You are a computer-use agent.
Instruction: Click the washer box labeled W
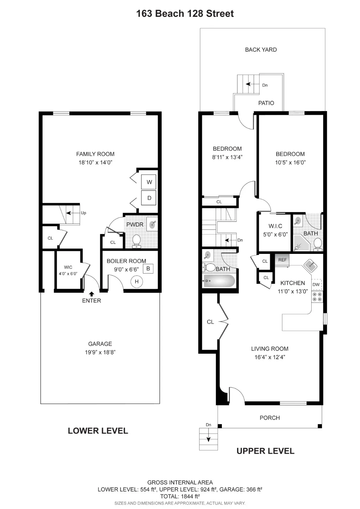[x=149, y=182]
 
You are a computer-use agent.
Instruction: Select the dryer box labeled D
[x=149, y=198]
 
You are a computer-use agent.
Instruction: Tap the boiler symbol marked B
[x=148, y=269]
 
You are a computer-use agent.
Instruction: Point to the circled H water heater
[x=137, y=282]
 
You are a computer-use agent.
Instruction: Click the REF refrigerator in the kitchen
[x=282, y=260]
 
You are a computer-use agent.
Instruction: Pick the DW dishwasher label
[x=316, y=284]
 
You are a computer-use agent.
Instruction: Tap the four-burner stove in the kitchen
[x=317, y=297]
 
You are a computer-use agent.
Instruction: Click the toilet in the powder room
[x=137, y=241]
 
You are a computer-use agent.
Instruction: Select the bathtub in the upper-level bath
[x=219, y=281]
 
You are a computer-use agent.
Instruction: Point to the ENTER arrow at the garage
[x=92, y=294]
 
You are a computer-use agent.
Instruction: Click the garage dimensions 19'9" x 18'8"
[x=100, y=352]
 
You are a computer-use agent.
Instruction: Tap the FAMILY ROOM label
[x=95, y=154]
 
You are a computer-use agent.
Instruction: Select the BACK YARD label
[x=261, y=50]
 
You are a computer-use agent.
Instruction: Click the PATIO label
[x=266, y=103]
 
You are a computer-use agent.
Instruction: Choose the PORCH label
[x=270, y=418]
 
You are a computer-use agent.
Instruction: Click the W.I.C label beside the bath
[x=275, y=226]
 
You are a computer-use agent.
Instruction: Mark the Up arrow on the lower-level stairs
[x=73, y=213]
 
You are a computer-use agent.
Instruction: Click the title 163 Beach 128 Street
[x=185, y=14]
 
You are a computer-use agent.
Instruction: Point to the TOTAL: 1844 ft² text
[x=180, y=496]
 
